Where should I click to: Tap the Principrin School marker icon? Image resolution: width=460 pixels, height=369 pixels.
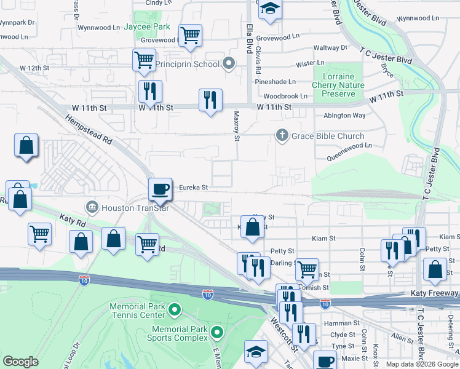[229, 63]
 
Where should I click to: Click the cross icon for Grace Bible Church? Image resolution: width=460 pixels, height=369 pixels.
[282, 135]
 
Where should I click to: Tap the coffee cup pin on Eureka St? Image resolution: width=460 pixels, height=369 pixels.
[161, 188]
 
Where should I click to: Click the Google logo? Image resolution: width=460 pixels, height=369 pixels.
[21, 362]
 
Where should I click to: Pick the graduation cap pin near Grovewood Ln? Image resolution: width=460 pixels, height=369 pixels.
[269, 9]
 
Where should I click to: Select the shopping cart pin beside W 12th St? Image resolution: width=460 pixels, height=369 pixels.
[144, 60]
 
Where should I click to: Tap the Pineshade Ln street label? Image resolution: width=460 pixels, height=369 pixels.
[276, 81]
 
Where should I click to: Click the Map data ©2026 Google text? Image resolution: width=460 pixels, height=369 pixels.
[422, 364]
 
